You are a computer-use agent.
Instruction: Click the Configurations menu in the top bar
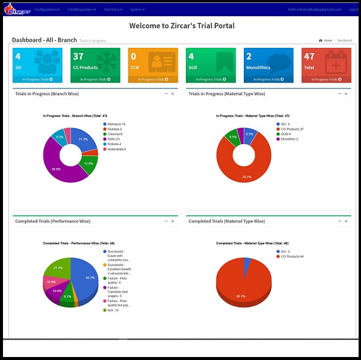pos(47,10)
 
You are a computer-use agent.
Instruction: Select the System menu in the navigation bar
pos(137,10)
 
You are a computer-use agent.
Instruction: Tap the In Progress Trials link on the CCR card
pos(152,79)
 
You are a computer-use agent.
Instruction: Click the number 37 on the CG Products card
pos(78,57)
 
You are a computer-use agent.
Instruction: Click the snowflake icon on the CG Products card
pos(106,63)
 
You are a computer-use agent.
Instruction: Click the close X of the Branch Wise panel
pos(173,94)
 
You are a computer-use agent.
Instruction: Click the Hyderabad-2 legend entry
pos(118,149)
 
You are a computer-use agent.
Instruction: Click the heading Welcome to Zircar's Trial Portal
pos(182,26)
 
